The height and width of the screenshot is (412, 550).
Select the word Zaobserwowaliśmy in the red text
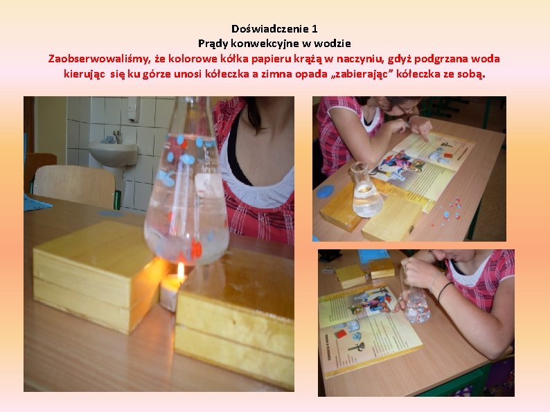(99, 59)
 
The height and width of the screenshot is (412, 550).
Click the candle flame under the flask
(181, 271)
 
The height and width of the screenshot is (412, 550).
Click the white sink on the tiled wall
(113, 153)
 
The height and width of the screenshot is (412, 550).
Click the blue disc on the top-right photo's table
(326, 191)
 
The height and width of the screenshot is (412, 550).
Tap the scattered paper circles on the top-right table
(451, 210)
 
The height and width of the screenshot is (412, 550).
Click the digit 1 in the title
(314, 28)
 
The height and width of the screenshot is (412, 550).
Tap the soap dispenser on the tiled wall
(134, 109)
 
